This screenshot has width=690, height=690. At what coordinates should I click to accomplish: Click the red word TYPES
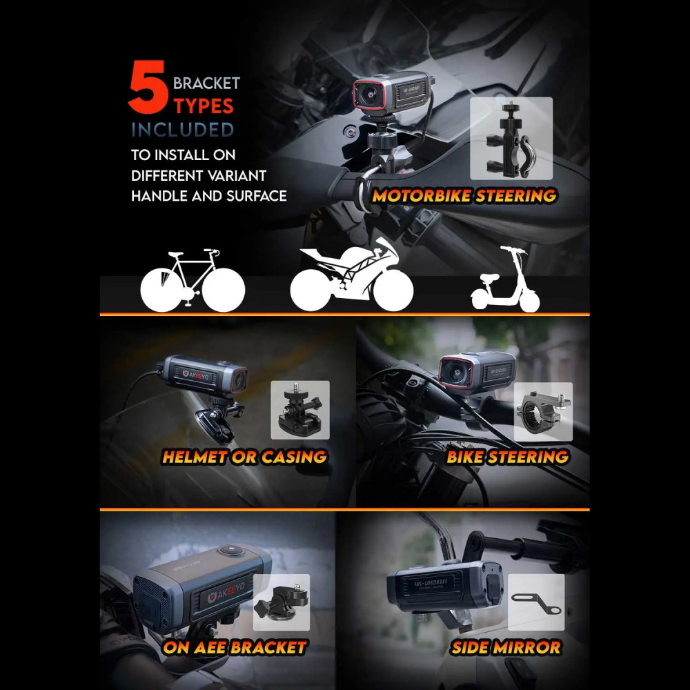coord(204,106)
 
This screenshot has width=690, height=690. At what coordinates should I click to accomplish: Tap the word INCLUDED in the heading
coord(183,130)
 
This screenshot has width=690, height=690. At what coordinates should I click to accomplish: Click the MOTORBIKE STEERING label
coord(464,196)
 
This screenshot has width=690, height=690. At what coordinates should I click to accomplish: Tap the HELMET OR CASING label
coord(244,456)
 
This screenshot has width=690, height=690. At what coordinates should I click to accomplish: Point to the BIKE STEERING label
coord(507,456)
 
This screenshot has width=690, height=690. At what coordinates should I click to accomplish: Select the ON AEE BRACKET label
coord(235,647)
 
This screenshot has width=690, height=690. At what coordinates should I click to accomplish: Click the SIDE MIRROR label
coord(506,647)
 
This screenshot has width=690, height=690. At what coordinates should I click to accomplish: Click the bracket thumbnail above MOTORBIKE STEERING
coord(511,139)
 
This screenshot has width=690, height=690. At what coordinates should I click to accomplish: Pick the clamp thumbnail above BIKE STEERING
coord(543,412)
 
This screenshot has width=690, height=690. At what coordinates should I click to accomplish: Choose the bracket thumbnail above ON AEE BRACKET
coord(282,602)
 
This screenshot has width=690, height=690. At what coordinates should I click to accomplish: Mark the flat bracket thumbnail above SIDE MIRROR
coord(536,602)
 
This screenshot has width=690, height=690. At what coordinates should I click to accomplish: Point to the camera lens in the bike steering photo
coord(456,372)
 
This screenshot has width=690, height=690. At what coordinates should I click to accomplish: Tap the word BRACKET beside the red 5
coord(206,83)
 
